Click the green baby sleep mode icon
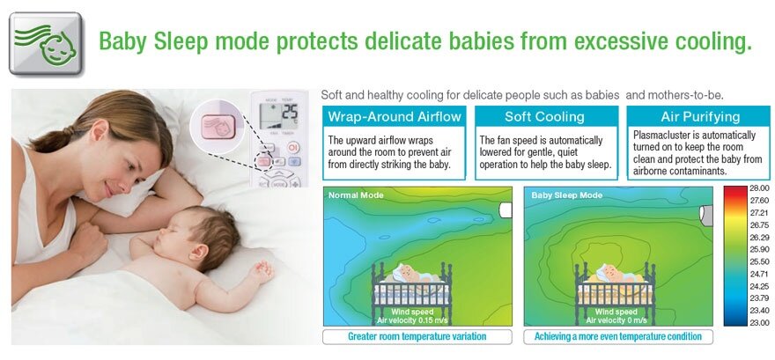[46, 43]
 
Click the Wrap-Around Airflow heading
[394, 117]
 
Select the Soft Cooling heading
[544, 117]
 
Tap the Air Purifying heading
[700, 117]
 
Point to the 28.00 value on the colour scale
[759, 188]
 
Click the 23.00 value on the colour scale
[759, 322]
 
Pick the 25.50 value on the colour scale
[759, 261]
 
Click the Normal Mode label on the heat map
[356, 195]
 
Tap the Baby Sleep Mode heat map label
[567, 195]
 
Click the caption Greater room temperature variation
[417, 337]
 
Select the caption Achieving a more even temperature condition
[618, 337]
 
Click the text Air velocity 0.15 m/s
[412, 320]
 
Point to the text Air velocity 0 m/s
[616, 320]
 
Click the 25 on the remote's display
[289, 113]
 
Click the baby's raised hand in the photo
[262, 272]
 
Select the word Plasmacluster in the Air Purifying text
[659, 136]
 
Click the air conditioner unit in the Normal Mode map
[506, 210]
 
